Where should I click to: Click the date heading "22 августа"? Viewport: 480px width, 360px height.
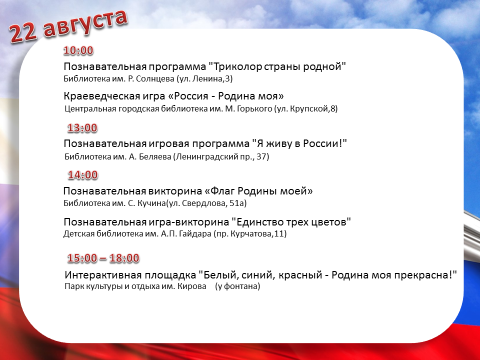tap(68, 26)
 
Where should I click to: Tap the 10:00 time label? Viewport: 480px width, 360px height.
tap(78, 50)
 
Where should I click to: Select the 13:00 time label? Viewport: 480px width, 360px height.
tap(82, 128)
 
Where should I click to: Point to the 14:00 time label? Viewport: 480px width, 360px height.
tap(82, 175)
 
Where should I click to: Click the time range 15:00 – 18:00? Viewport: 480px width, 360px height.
tap(103, 258)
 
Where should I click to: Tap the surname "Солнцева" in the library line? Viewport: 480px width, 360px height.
tap(155, 79)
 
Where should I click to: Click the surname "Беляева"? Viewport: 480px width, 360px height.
tap(155, 157)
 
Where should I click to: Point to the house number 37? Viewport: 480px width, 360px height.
tap(262, 156)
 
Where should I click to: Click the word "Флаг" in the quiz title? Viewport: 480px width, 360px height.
tap(222, 191)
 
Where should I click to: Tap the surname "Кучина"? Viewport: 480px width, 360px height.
tap(151, 203)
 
